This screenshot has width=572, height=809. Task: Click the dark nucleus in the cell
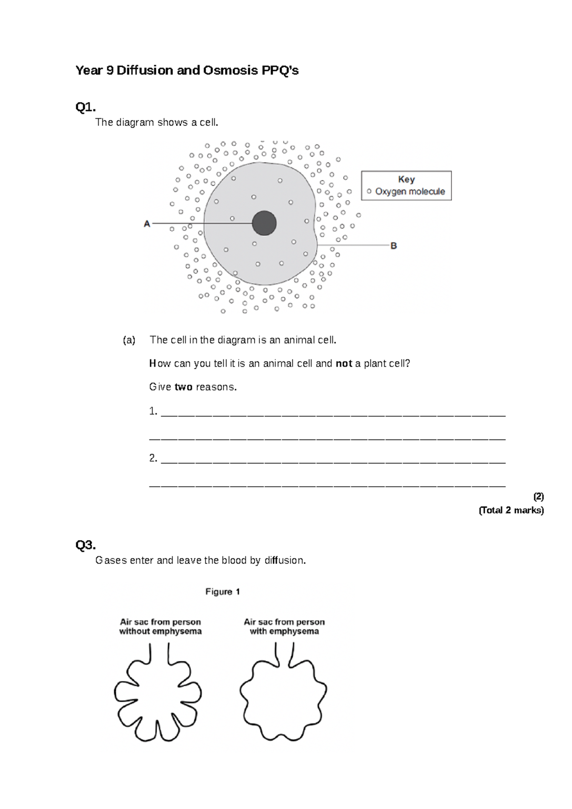tap(264, 223)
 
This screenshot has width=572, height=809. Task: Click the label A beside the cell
tap(147, 224)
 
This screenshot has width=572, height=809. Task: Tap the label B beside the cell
tap(394, 246)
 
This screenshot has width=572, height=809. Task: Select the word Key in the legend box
tap(406, 179)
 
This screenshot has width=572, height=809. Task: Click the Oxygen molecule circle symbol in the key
tap(369, 192)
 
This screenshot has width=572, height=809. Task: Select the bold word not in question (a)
tap(344, 364)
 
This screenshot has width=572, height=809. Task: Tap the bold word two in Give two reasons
tap(183, 387)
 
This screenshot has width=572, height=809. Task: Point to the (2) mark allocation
tap(538, 497)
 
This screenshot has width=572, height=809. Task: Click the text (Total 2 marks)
tap(511, 511)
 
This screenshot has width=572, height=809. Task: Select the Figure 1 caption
tap(223, 592)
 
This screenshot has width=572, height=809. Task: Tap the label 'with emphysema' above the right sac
tap(284, 631)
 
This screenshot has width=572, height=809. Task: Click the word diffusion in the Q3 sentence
tap(285, 561)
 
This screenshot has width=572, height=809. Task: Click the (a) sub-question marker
tap(129, 340)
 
